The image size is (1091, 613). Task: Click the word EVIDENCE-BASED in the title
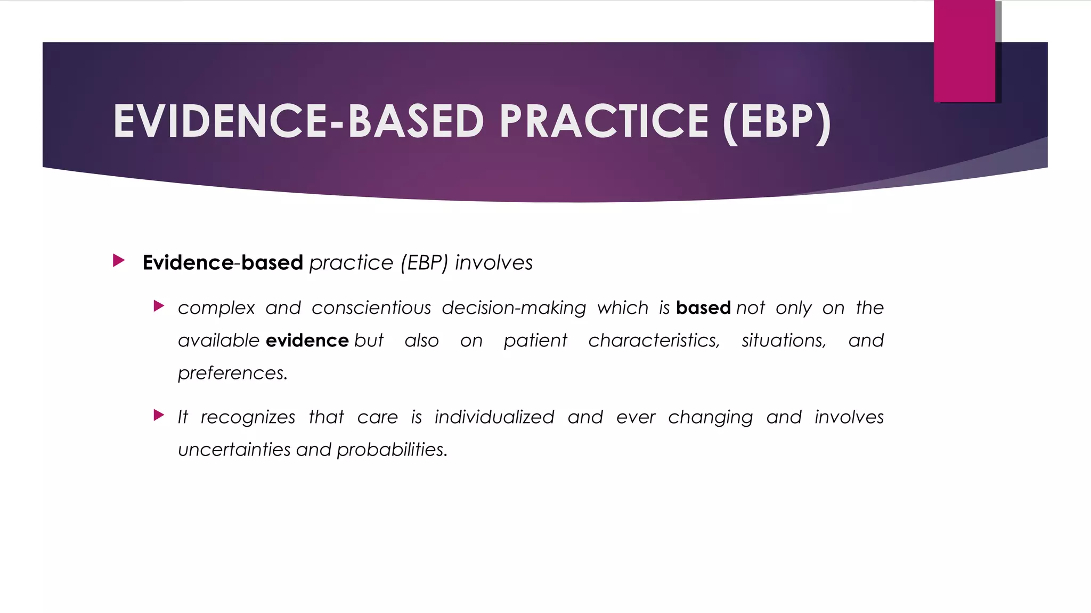(x=298, y=121)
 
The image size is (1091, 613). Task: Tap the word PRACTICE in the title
(x=604, y=121)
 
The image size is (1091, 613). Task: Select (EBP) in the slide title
(x=777, y=122)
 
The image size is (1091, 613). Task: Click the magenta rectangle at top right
(x=964, y=51)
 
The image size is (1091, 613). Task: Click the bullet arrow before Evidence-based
(x=119, y=261)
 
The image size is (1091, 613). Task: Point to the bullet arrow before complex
(x=159, y=306)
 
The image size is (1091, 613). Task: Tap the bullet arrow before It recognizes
(x=159, y=415)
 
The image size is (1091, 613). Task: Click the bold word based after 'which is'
(x=703, y=308)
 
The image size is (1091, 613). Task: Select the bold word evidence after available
(x=307, y=341)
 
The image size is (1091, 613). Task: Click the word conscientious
(x=371, y=308)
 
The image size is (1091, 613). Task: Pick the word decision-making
(x=514, y=308)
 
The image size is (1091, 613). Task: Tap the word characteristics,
(x=654, y=341)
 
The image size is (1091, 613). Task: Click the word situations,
(x=784, y=341)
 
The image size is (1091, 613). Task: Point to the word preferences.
(x=232, y=374)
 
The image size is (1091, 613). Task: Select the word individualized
(x=494, y=417)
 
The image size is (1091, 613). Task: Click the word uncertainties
(x=234, y=450)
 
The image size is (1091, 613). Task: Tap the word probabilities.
(x=392, y=450)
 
